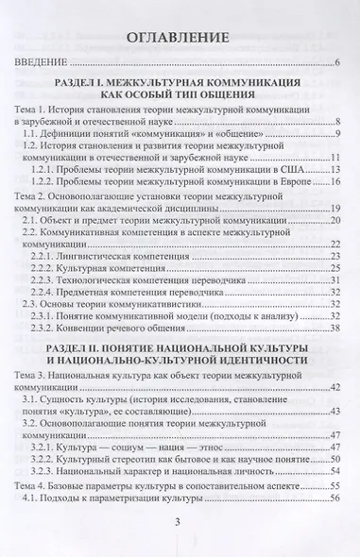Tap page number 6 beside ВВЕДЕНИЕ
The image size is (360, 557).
click(x=336, y=64)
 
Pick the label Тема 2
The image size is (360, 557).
click(x=40, y=194)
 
